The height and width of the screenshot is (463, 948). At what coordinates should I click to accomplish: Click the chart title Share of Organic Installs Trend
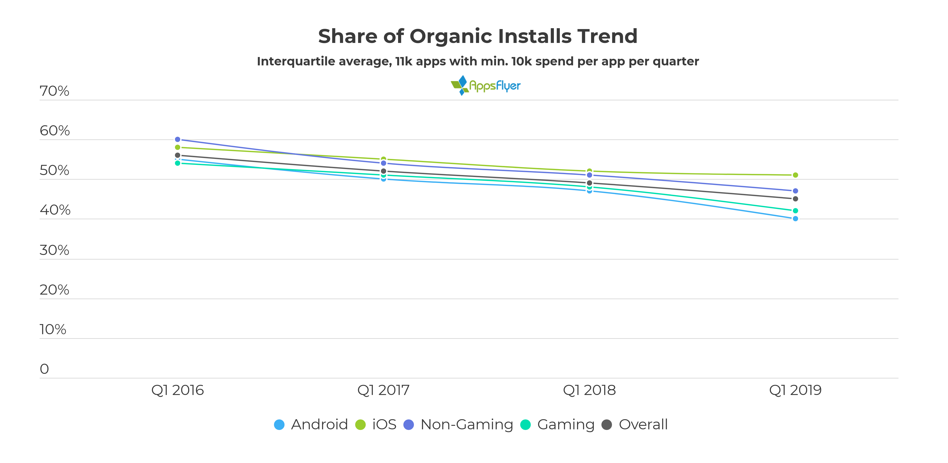pyautogui.click(x=477, y=36)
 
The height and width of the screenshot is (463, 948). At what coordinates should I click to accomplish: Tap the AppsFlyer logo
pyautogui.click(x=485, y=85)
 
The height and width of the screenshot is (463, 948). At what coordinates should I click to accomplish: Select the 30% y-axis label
pyautogui.click(x=55, y=250)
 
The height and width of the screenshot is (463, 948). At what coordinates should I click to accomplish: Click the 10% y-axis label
pyautogui.click(x=53, y=329)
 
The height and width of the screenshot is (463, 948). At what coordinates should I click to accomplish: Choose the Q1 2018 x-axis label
pyautogui.click(x=589, y=390)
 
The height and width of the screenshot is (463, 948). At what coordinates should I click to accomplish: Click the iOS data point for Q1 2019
pyautogui.click(x=795, y=175)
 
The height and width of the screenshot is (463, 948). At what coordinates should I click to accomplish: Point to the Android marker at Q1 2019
pyautogui.click(x=795, y=219)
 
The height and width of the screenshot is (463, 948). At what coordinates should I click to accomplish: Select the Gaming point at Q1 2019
pyautogui.click(x=795, y=211)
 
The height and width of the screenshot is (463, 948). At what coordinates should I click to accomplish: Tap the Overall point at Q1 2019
pyautogui.click(x=795, y=199)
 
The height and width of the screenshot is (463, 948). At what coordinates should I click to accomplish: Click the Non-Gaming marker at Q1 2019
pyautogui.click(x=795, y=191)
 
